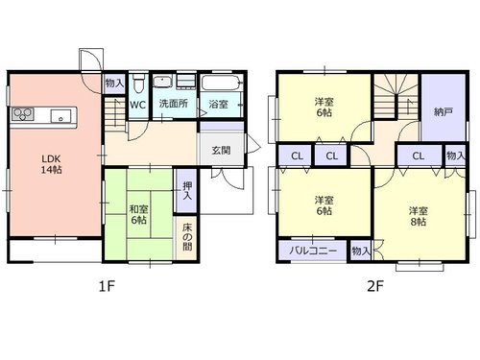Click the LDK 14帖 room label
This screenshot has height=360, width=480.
click(51, 164)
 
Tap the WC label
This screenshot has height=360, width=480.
click(138, 105)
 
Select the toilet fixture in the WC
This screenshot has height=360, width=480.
click(138, 84)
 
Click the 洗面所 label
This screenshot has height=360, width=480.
click(174, 104)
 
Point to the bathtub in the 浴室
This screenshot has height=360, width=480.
click(221, 83)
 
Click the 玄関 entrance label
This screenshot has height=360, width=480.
click(221, 150)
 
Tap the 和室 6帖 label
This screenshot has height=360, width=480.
click(138, 214)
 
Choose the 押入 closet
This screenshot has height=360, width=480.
click(185, 190)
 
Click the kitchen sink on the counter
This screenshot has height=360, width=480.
click(60, 115)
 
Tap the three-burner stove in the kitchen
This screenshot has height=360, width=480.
click(23, 114)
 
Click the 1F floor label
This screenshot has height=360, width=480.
click(107, 286)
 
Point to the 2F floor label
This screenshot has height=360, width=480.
click(375, 286)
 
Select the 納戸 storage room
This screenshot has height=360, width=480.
click(444, 108)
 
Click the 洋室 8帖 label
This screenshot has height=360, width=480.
click(419, 216)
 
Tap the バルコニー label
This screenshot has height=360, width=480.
click(313, 250)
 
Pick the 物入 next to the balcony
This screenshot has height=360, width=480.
click(361, 251)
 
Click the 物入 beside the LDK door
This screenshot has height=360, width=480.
click(114, 84)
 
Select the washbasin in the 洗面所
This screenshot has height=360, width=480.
click(163, 82)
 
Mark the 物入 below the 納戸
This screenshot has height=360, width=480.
click(455, 156)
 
